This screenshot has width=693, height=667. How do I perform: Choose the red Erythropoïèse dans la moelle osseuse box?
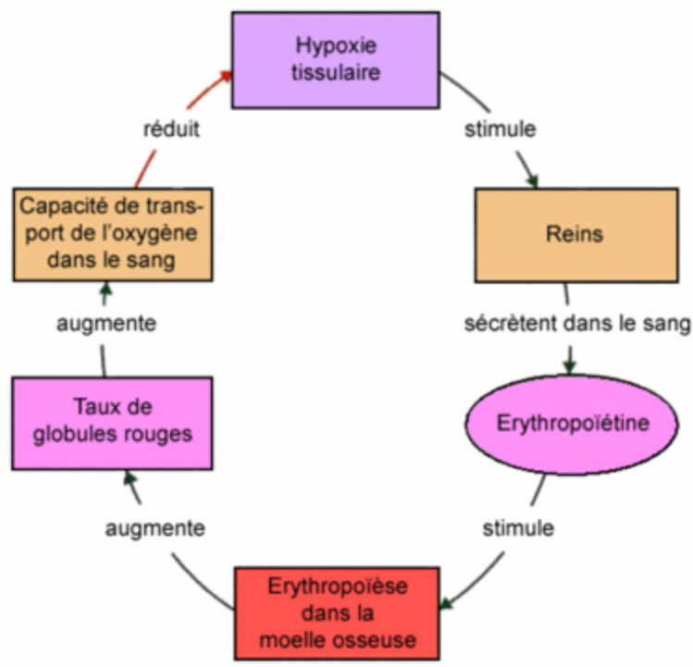[x=337, y=612]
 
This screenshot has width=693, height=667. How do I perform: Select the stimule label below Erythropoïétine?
[x=518, y=528]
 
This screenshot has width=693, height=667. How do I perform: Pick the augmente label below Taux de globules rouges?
[x=155, y=528]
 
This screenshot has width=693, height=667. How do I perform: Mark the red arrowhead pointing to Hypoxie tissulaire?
[x=222, y=77]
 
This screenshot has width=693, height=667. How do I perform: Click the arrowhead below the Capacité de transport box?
[x=105, y=289]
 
